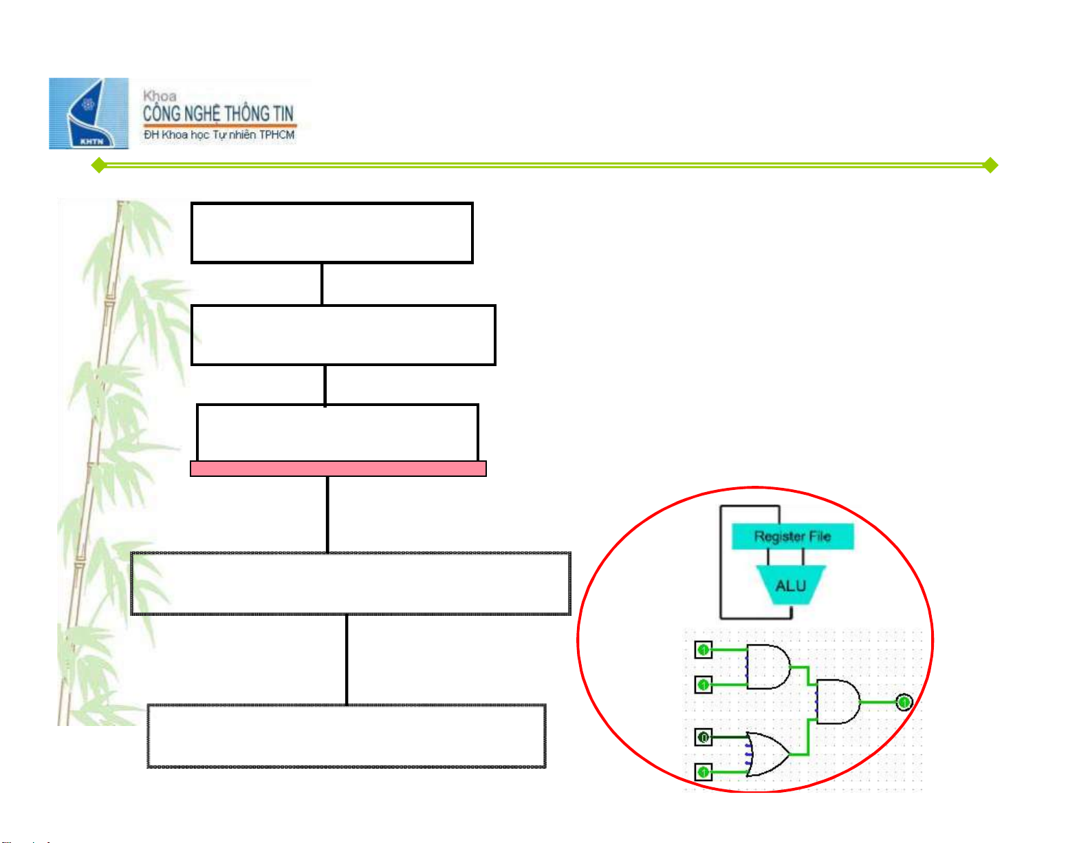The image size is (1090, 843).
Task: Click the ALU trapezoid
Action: [x=790, y=585]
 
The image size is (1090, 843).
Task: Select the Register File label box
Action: [x=792, y=536]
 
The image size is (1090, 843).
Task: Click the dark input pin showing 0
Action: [x=703, y=737]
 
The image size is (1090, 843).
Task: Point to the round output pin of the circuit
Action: [x=904, y=702]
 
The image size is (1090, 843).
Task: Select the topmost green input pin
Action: [x=703, y=649]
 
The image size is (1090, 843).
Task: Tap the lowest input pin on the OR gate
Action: [x=703, y=772]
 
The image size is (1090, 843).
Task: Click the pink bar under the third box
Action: [x=338, y=469]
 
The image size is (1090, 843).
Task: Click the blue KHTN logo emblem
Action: [x=89, y=114]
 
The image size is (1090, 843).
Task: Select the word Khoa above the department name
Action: [x=160, y=96]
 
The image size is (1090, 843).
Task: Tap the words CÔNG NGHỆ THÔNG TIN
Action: [x=218, y=114]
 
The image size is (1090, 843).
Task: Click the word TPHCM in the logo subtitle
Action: [x=276, y=135]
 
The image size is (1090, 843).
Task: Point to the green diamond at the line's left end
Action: [x=99, y=165]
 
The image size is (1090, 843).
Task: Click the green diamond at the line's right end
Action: [x=990, y=165]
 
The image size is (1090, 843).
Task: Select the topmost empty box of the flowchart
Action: [x=331, y=233]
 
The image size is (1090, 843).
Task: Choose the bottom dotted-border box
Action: [x=347, y=736]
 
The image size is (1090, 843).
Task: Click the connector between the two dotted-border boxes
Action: [x=347, y=659]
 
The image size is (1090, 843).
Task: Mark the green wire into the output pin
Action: [x=878, y=702]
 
